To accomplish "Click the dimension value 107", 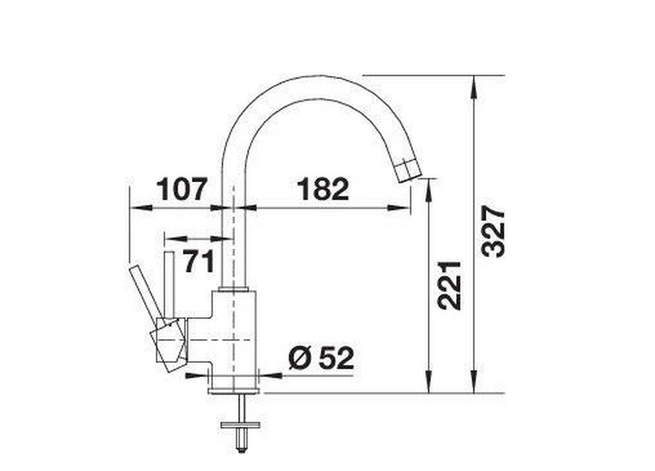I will click(x=182, y=189).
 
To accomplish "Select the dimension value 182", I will click(x=323, y=189).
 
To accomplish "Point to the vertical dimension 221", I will click(x=451, y=285).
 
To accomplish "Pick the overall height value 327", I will click(x=495, y=232).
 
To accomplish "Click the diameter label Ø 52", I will click(x=321, y=359).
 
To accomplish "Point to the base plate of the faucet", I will click(x=234, y=390).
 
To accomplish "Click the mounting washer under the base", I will click(x=240, y=424).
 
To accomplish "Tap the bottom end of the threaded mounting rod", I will click(x=240, y=449).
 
